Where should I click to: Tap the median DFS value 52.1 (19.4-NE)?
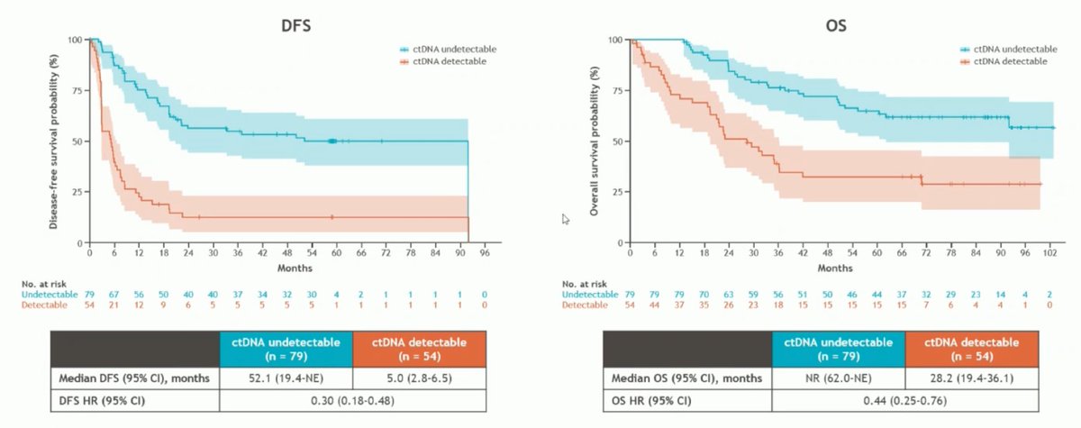[x=286, y=378]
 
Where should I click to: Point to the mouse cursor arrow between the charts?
[x=565, y=218]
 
